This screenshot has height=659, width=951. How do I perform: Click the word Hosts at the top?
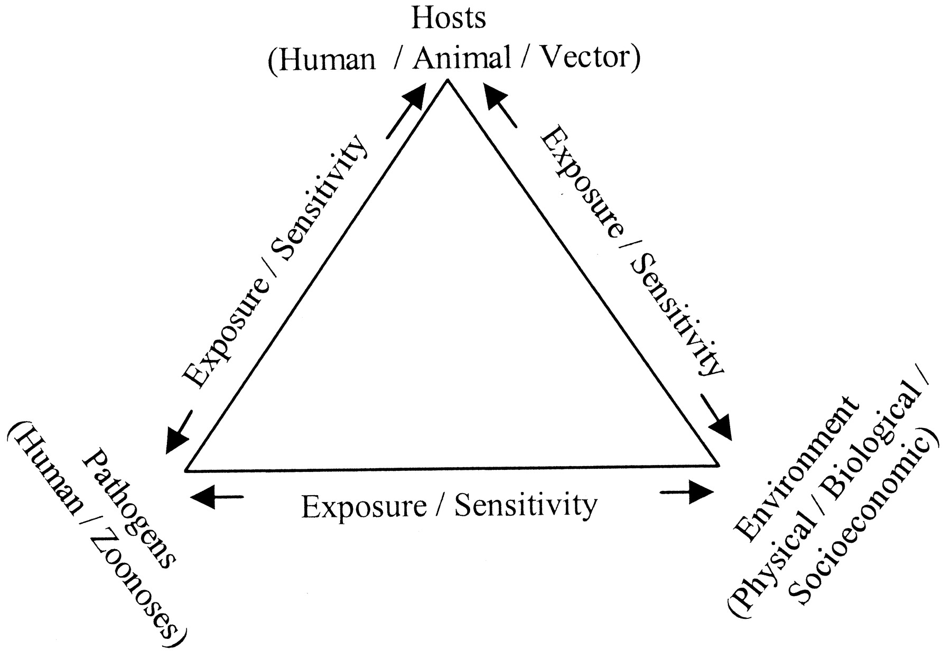(448, 19)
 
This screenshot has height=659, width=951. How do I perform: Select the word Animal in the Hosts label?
(462, 58)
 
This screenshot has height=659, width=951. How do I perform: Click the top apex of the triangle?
(448, 80)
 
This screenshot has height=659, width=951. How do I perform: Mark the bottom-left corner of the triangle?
(186, 469)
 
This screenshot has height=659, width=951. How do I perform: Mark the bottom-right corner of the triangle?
(719, 466)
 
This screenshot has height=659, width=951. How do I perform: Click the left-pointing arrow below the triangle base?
(217, 497)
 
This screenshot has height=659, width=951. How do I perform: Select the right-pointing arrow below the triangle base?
(687, 493)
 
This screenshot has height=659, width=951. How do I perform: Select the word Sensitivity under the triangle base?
(525, 505)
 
